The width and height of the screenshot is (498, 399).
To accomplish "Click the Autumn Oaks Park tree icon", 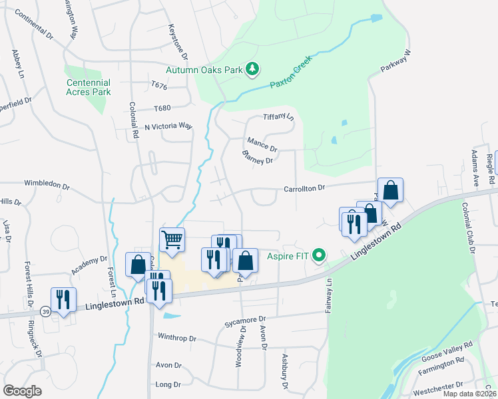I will tap(252, 68).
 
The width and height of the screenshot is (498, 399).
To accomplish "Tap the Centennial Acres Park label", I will tap(88, 87).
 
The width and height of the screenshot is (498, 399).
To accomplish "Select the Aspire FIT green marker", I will tap(320, 255).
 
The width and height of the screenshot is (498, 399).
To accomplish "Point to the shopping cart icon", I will tap(172, 239).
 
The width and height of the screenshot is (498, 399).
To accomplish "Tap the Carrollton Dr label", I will tap(304, 188).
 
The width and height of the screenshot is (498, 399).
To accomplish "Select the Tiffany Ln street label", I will tap(278, 116).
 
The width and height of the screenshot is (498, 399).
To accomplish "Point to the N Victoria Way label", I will tap(168, 126).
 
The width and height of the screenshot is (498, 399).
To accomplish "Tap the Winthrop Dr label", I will tap(176, 338).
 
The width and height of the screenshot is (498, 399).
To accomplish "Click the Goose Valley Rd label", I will tap(447, 350).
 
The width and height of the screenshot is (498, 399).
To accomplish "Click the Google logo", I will tap(23, 391).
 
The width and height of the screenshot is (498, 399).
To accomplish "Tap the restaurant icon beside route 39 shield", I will tap(63, 299).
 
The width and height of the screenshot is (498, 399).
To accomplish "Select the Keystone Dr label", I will tap(178, 42).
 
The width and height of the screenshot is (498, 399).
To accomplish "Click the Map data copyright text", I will tap(469, 394).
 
